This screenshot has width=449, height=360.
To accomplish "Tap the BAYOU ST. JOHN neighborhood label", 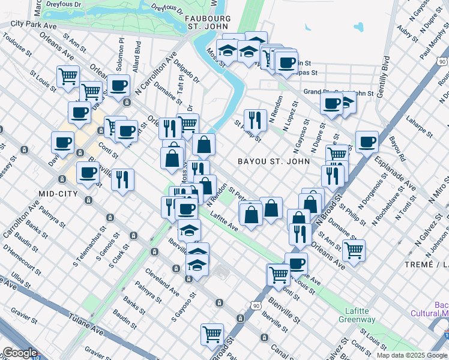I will point(274,161).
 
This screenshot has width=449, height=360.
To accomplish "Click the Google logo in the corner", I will point(19,353).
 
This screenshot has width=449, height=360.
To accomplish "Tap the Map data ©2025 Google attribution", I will point(412,355).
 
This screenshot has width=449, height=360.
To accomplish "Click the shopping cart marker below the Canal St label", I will point(212,334).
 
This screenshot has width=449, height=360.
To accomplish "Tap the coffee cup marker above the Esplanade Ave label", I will point(366,142).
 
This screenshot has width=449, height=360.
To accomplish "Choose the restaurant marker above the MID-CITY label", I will point(122,178).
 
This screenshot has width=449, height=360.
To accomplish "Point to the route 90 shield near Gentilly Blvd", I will point(442,62).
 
